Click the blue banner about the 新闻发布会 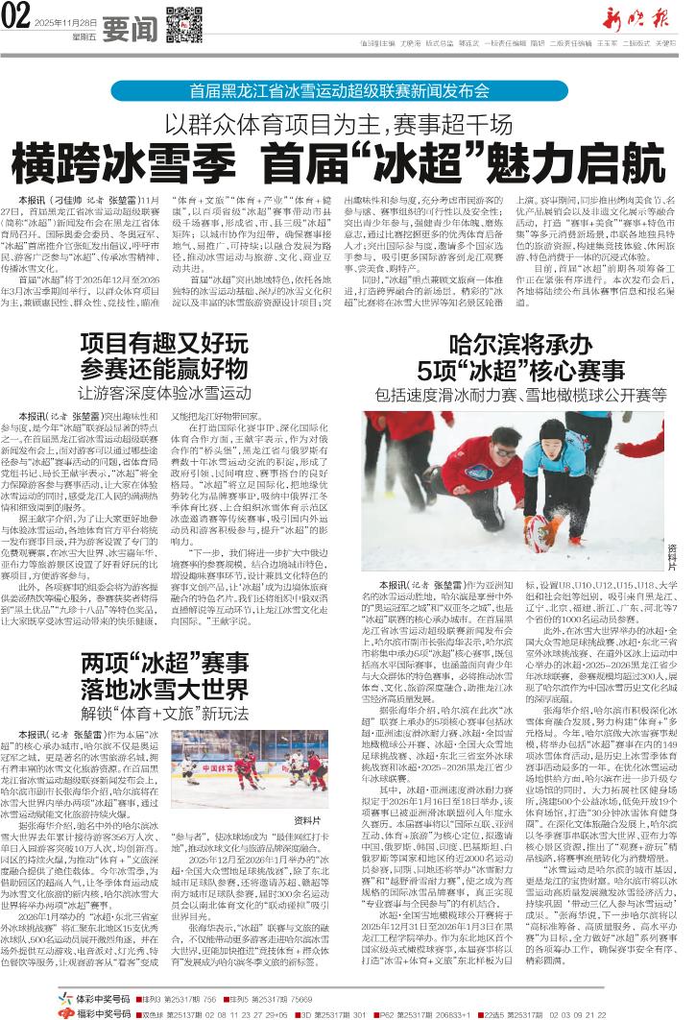(348, 92)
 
